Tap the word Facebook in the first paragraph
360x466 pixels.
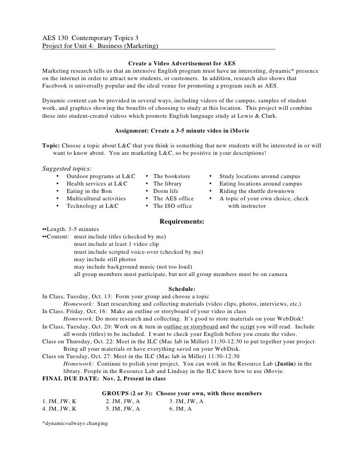coord(56,86)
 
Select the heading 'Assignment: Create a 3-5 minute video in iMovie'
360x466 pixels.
coord(182,131)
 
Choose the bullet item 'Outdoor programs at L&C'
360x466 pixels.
coord(101,176)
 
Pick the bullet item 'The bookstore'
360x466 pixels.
coord(173,176)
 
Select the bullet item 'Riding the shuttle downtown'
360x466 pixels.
coord(257,191)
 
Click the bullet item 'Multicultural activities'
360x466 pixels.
coord(96,198)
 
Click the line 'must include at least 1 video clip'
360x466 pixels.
coord(120,244)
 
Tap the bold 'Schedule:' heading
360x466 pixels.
coord(182,289)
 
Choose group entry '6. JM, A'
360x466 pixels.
coord(181,409)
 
